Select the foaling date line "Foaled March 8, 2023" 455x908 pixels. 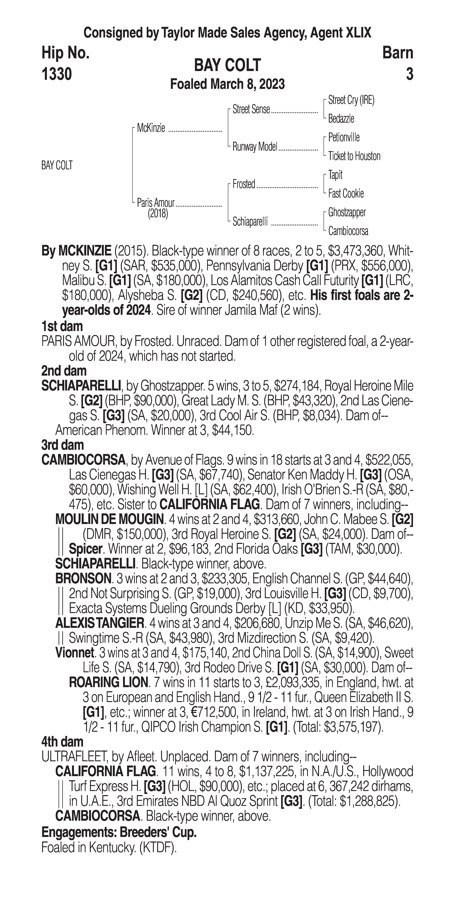coord(228,84)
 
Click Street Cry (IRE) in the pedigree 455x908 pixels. coord(351,100)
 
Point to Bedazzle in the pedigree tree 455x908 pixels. coord(341,119)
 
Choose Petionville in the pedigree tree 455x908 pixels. coord(344,137)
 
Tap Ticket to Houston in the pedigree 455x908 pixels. coord(354,156)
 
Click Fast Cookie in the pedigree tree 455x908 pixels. coord(346,193)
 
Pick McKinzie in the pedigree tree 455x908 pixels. coord(151,128)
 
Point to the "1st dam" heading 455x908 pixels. coord(62,326)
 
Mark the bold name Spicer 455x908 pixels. coord(86,549)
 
